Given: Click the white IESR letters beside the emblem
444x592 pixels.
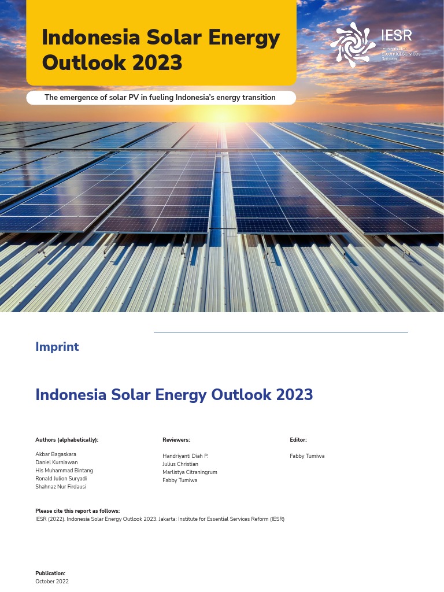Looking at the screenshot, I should (x=397, y=35).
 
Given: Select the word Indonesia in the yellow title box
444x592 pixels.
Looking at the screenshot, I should (x=91, y=38).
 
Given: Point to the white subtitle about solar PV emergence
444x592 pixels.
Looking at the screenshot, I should (x=160, y=98).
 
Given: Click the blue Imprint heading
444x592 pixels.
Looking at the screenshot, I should (x=57, y=347).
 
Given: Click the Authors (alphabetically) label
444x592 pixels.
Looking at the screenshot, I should (x=67, y=440).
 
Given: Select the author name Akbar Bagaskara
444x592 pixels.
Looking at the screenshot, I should (x=55, y=454).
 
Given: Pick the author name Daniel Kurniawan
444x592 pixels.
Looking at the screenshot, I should (x=56, y=462).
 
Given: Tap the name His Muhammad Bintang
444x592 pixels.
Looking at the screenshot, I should (x=64, y=471).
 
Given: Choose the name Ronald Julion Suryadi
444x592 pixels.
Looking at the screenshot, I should (x=61, y=479).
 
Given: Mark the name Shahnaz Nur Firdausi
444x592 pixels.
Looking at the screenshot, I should (x=61, y=487).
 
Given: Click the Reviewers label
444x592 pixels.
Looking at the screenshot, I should (x=176, y=440).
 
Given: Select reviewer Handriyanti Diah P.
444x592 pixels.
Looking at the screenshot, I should (x=185, y=456).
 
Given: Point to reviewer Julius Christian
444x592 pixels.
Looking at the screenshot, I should (x=180, y=464).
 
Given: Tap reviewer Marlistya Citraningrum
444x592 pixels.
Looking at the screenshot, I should (x=190, y=472).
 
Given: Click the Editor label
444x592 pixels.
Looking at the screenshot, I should (x=298, y=440).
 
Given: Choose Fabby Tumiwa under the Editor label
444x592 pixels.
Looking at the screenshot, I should (x=307, y=456).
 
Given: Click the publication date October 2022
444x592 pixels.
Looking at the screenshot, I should (x=52, y=582).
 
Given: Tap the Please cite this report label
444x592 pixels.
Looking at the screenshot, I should (x=77, y=511).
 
